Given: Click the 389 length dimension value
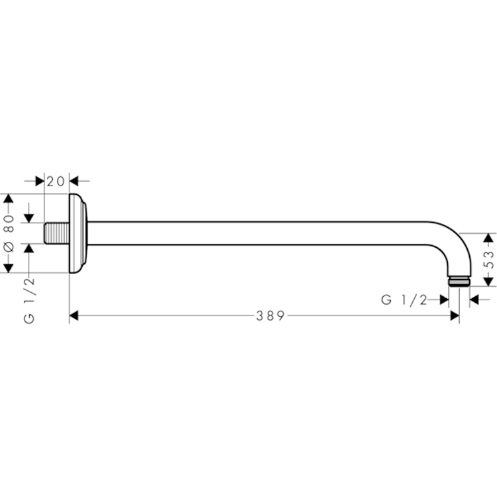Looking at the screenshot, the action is (270, 315).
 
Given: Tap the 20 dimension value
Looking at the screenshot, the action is (56, 182).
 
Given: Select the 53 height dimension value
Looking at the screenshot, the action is (490, 260).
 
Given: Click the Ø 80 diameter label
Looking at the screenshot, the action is (9, 233).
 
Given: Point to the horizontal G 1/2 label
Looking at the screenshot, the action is (404, 300).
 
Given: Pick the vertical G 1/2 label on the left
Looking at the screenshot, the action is (29, 300).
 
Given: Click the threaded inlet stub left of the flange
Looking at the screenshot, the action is (57, 233).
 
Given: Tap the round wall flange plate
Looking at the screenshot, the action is (78, 233).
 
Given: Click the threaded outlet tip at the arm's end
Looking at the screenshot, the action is (459, 282).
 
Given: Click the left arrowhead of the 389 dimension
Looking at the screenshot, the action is (74, 315).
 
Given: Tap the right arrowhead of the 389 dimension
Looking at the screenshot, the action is (455, 315).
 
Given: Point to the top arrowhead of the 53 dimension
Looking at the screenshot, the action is (489, 238).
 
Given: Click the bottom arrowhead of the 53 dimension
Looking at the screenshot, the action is (489, 282).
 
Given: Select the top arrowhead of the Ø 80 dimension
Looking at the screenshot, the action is (9, 198).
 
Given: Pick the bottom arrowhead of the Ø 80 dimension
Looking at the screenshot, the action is (9, 268).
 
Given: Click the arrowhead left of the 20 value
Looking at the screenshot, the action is (40, 182).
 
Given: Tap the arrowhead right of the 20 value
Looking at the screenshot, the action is (74, 182).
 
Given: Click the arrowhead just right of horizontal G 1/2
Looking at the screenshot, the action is (445, 300).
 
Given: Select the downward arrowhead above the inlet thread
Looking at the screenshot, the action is (29, 218).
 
